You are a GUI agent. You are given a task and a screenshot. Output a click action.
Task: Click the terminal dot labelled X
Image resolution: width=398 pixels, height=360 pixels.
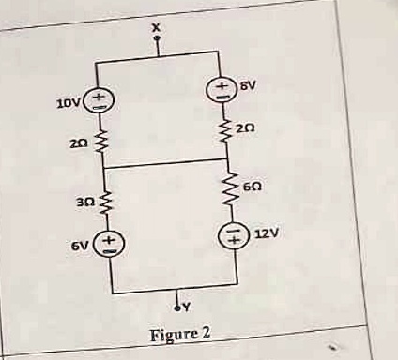157,38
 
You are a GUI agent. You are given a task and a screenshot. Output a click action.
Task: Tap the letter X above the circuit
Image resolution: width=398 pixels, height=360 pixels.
157,28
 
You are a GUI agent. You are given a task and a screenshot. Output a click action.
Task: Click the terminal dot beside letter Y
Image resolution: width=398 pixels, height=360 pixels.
177,308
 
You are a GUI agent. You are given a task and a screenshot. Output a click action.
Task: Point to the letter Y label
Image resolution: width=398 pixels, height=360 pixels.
186,308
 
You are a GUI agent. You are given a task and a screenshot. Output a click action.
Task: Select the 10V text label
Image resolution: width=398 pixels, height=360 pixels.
69,103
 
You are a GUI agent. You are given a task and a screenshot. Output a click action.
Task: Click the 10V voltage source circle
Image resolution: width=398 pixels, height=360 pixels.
99,100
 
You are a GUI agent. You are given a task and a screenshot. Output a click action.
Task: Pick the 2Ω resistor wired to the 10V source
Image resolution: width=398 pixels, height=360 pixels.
100,143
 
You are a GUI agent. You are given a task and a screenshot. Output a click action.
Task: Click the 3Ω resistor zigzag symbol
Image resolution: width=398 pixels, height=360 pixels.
106,201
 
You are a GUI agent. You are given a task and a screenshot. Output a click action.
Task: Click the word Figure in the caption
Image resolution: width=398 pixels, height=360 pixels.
173,336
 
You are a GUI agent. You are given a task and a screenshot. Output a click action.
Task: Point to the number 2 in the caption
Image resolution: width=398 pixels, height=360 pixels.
206,333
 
